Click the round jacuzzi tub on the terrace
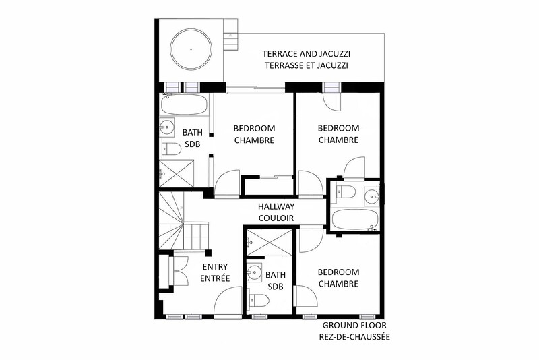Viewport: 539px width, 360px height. (191, 49)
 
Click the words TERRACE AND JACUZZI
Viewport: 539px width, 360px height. (307, 54)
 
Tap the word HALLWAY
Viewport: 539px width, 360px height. (276, 206)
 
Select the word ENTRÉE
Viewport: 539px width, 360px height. (215, 278)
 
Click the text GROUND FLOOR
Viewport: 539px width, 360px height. (354, 325)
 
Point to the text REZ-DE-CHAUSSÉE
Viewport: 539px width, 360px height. (354, 337)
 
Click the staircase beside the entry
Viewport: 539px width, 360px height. (183, 220)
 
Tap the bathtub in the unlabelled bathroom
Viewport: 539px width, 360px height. (355, 219)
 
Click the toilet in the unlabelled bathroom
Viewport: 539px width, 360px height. (346, 191)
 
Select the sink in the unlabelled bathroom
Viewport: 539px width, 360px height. (372, 196)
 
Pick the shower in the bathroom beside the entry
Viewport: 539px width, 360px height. (269, 243)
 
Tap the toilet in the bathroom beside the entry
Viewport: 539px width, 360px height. (259, 300)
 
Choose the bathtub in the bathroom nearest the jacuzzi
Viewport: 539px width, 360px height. (184, 104)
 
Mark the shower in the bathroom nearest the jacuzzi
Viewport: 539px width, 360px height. (177, 173)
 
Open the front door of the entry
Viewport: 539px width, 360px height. (228, 301)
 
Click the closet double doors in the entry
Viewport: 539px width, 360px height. (181, 271)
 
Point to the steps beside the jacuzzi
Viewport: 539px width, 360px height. (230, 34)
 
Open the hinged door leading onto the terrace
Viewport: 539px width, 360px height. (332, 102)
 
